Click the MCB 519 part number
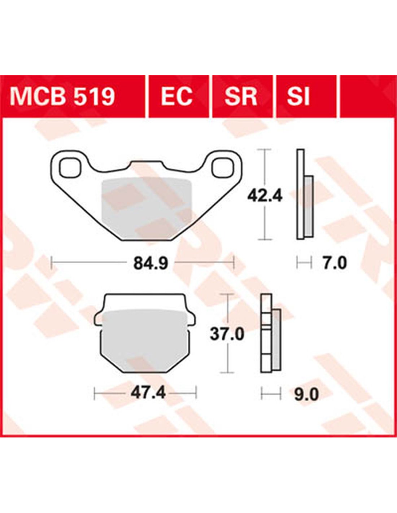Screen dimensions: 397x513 [62, 97]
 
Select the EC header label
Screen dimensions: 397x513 [176, 97]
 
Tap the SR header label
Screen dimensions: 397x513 [240, 97]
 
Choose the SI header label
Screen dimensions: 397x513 [298, 97]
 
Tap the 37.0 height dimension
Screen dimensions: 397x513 [227, 334]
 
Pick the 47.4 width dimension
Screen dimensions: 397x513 [148, 392]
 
